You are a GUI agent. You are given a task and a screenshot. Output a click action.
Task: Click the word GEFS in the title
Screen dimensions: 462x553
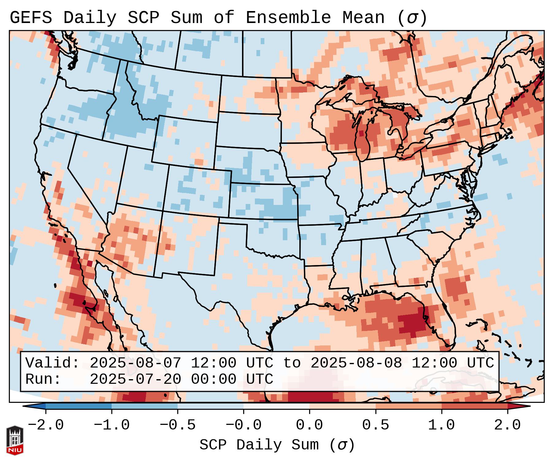coord(31,18)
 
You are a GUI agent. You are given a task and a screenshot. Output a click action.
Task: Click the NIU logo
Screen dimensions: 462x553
coord(15,440)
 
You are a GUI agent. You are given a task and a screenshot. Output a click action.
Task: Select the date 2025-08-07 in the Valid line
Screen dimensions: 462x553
coord(135,363)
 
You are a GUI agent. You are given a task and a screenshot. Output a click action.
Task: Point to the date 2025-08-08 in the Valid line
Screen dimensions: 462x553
coord(356,363)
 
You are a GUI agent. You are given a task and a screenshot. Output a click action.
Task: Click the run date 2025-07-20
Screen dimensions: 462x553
coord(135,379)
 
